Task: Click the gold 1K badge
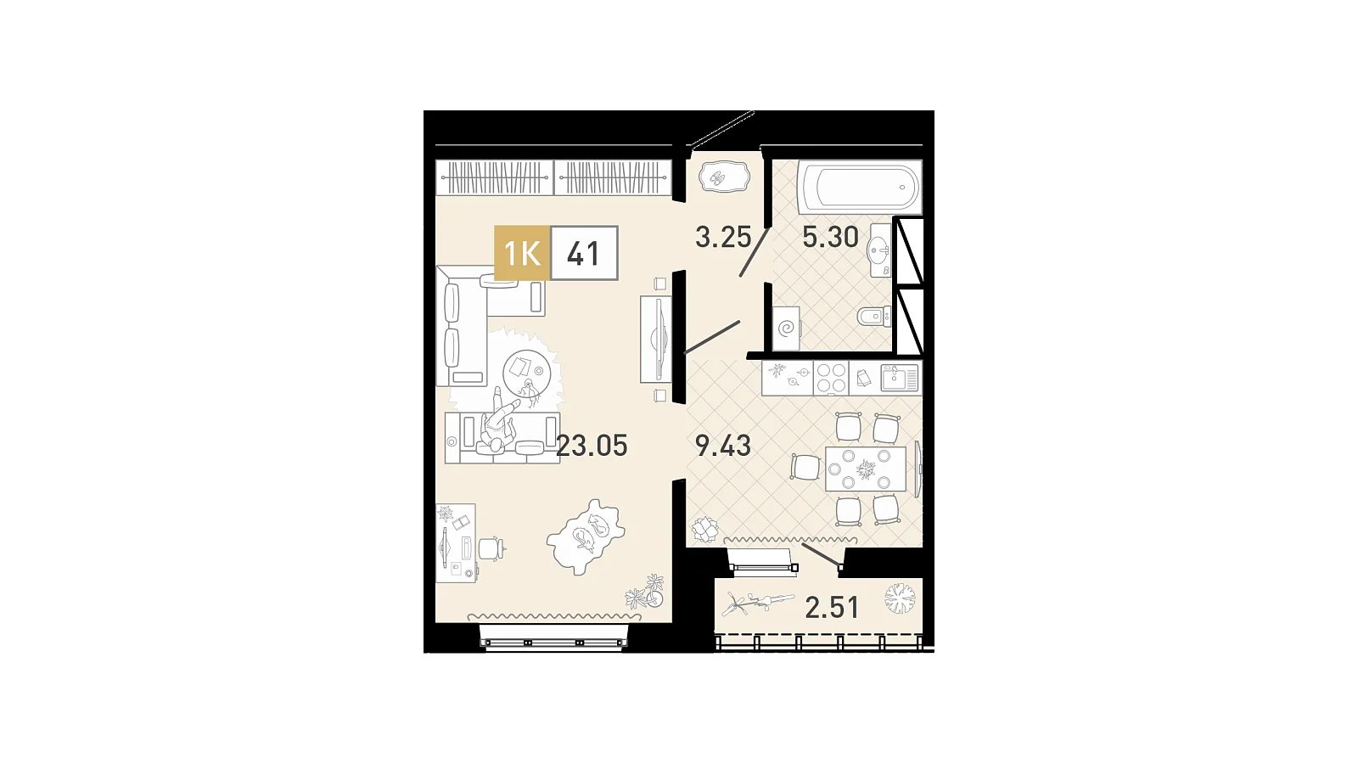[x=522, y=253]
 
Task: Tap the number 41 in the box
[x=583, y=254]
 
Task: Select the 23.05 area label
[x=592, y=446]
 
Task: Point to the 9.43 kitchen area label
[x=722, y=446]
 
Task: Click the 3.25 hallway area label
[x=723, y=237]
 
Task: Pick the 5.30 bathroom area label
[x=831, y=237]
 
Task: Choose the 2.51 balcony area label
[x=832, y=608]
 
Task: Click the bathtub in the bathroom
[x=860, y=187]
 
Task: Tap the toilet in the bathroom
[x=874, y=317]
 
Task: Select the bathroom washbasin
[x=880, y=250]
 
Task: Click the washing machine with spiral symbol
[x=786, y=329]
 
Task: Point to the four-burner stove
[x=831, y=379]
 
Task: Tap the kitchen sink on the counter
[x=900, y=378]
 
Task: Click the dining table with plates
[x=866, y=469]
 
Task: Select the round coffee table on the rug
[x=526, y=374]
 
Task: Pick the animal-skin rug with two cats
[x=586, y=536]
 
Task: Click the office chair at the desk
[x=491, y=548]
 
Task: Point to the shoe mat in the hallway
[x=725, y=178]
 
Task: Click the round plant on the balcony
[x=900, y=599]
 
